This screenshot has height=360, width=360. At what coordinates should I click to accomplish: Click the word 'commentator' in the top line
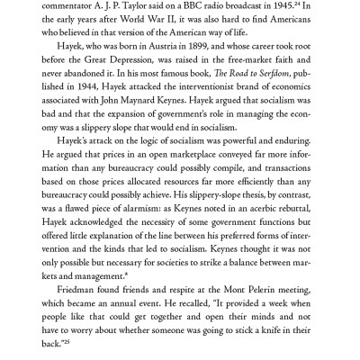click(x=71, y=4)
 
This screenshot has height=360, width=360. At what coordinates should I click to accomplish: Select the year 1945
click(x=288, y=4)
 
